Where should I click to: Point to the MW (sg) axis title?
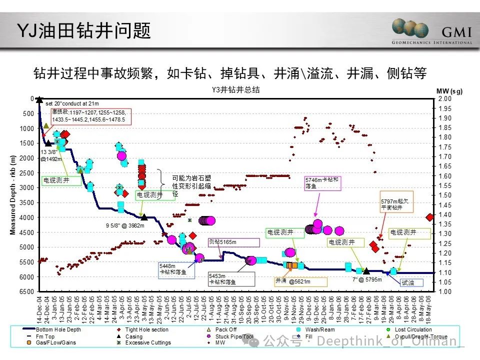pos(449,91)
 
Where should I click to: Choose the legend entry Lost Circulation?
pos(412,330)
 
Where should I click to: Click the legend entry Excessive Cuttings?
pos(147,343)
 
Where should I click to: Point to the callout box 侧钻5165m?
pos(233,242)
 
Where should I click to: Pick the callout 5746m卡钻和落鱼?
pos(322,182)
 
